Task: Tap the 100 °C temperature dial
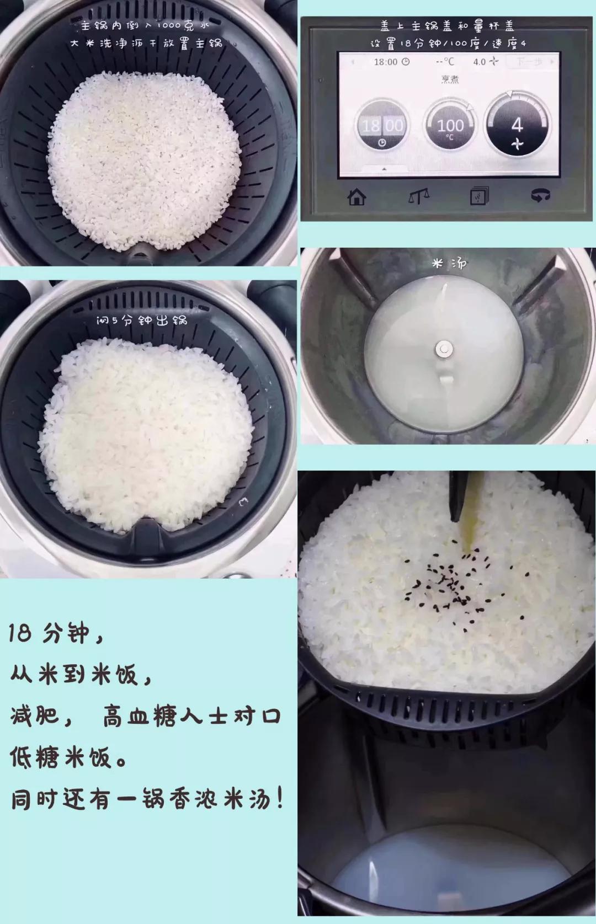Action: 450,126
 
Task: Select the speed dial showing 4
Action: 517,125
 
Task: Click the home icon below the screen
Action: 357,196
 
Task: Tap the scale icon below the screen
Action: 419,196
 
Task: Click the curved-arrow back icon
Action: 540,195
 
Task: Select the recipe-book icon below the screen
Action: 478,196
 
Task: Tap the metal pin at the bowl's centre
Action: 444,348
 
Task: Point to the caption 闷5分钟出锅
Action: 142,320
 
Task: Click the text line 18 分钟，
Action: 55,633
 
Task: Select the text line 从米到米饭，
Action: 80,674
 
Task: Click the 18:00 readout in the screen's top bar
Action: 391,62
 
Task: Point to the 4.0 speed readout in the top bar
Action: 485,62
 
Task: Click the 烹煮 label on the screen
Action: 450,79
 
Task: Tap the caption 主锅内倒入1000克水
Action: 145,25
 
